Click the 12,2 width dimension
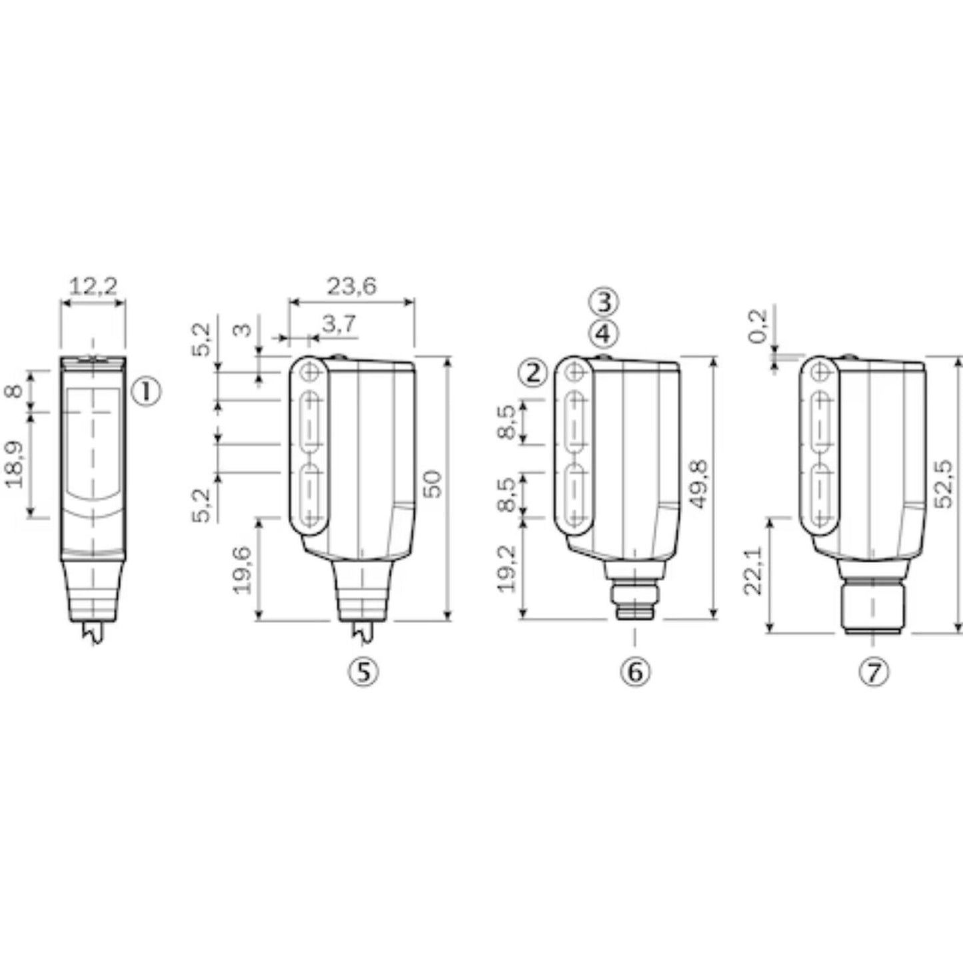[x=93, y=287]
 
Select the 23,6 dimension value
[x=351, y=286]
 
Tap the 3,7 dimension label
[x=339, y=325]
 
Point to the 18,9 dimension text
[x=15, y=465]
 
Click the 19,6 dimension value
[x=243, y=569]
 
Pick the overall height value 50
[x=433, y=484]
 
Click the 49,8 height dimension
[x=698, y=484]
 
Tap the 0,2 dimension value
[x=759, y=327]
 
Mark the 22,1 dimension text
[x=753, y=576]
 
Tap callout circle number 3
[x=603, y=302]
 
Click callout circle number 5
[x=363, y=672]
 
